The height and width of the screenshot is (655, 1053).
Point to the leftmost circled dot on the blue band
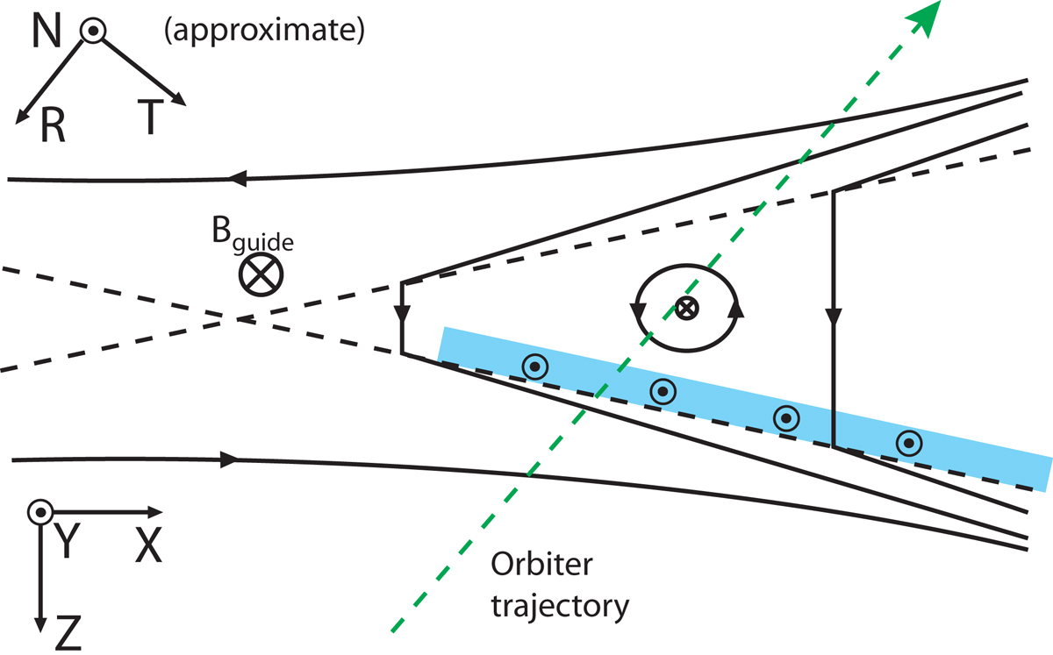tap(534, 367)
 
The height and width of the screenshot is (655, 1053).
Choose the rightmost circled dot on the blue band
tap(909, 444)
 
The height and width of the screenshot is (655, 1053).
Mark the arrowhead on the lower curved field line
tap(233, 459)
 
